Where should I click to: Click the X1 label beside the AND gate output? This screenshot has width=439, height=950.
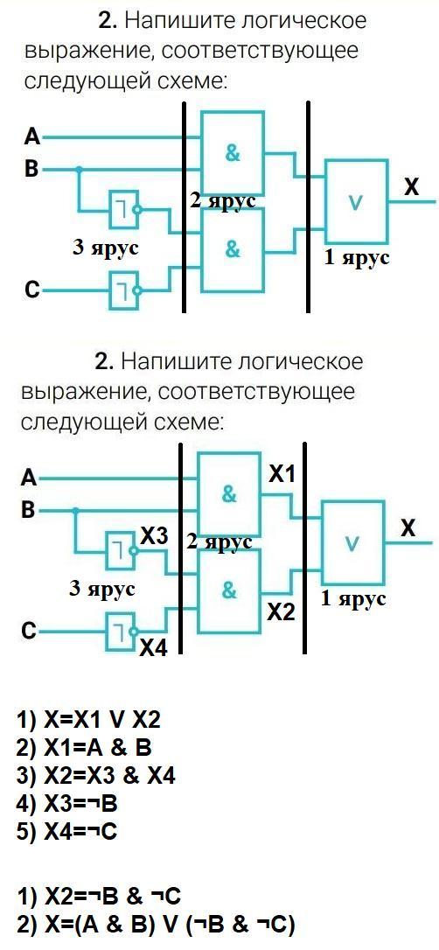(282, 475)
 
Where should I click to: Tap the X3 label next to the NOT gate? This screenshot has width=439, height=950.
(154, 535)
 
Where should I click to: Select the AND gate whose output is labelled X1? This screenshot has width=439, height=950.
(229, 493)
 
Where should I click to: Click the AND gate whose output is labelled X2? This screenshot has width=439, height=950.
(229, 590)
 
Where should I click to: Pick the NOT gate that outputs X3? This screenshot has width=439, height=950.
(121, 551)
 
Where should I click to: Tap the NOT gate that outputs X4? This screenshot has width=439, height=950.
(121, 630)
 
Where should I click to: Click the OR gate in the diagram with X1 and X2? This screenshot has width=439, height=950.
(352, 542)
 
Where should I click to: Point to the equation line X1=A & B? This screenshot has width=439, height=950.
(84, 749)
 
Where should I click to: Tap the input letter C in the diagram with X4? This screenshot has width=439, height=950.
(26, 632)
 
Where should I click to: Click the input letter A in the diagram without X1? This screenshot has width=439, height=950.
(31, 137)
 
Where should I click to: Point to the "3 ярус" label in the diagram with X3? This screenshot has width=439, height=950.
(101, 589)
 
